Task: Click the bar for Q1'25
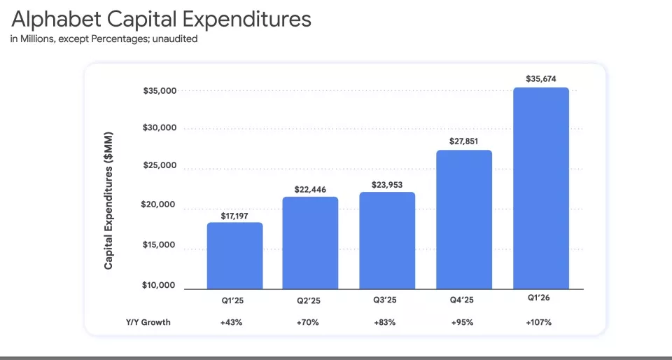pyautogui.click(x=234, y=256)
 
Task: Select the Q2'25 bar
pyautogui.click(x=310, y=242)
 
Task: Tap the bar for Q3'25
pyautogui.click(x=386, y=240)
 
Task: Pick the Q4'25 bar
pyautogui.click(x=463, y=219)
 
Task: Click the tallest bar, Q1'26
pyautogui.click(x=540, y=188)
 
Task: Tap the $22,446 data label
pyautogui.click(x=310, y=188)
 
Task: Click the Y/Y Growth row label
pyautogui.click(x=148, y=322)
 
